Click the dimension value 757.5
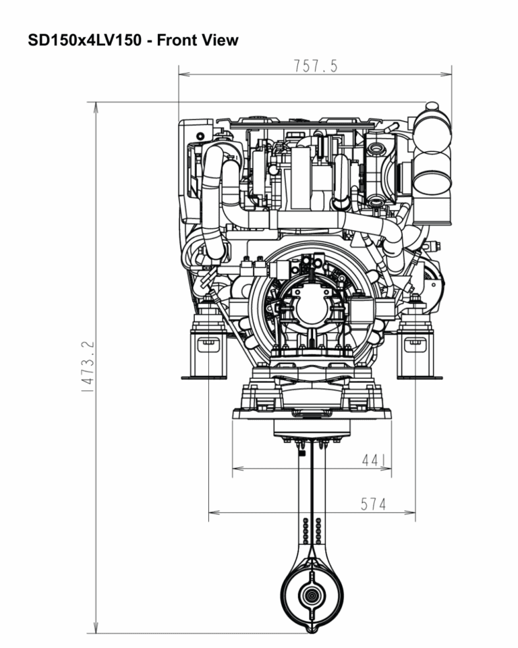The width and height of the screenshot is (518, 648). pos(315,66)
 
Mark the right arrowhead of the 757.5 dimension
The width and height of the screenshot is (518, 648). pos(447,74)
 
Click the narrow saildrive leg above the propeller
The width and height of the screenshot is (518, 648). pos(311,500)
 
